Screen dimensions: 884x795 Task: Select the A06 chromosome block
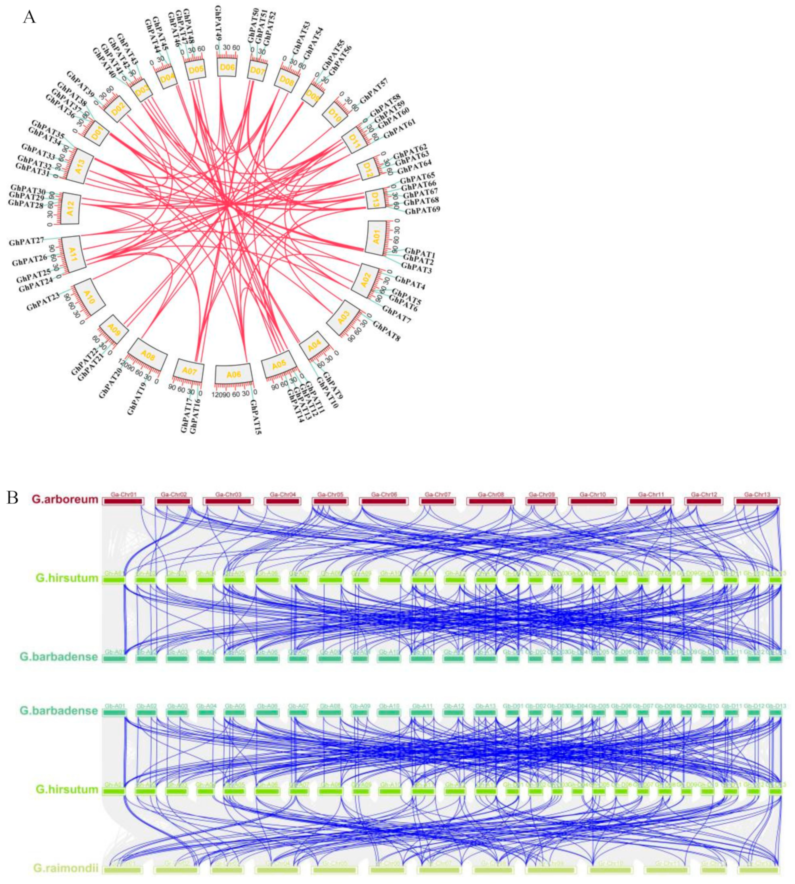(234, 374)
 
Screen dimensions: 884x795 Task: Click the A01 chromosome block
(376, 238)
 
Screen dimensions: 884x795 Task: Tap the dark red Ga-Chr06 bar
(384, 501)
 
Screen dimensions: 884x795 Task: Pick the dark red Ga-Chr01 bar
(123, 501)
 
